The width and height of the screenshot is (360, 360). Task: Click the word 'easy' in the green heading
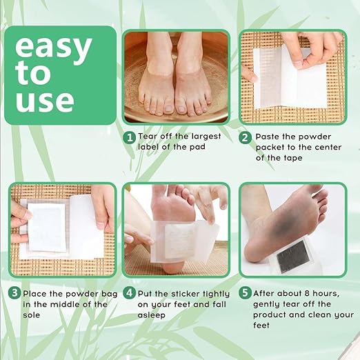(x=54, y=49)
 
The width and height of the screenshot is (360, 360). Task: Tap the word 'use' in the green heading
(x=45, y=102)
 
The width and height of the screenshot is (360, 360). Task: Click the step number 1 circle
(x=130, y=138)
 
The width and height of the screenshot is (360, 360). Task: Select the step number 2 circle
(x=246, y=138)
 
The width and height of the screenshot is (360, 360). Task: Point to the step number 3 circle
(x=14, y=293)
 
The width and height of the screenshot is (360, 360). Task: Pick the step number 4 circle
(x=130, y=293)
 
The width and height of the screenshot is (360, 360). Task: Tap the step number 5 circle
(x=246, y=293)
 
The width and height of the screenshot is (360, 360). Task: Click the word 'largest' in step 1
(x=206, y=137)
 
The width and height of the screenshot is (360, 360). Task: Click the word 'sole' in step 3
(x=32, y=315)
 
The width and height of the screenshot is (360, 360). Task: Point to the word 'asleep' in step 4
(x=152, y=315)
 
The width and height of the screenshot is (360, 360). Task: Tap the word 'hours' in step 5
(x=326, y=293)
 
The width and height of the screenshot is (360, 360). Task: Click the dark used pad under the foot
(x=291, y=256)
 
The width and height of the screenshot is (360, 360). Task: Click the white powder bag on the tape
(x=48, y=227)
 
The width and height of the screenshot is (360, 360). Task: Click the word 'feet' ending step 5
(x=261, y=326)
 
